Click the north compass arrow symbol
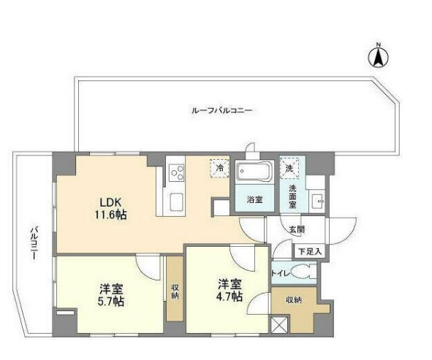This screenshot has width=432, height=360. (x=379, y=57)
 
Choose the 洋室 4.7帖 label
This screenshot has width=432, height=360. (x=227, y=290)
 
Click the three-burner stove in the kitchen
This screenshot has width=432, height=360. (x=177, y=173)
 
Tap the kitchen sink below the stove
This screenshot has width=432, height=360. (x=177, y=200)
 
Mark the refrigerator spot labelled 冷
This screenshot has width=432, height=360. (x=219, y=167)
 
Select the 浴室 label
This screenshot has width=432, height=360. (x=254, y=199)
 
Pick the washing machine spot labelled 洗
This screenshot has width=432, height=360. (x=290, y=168)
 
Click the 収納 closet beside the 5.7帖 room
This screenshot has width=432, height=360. (x=175, y=288)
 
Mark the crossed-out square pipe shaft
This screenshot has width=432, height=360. (x=280, y=326)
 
